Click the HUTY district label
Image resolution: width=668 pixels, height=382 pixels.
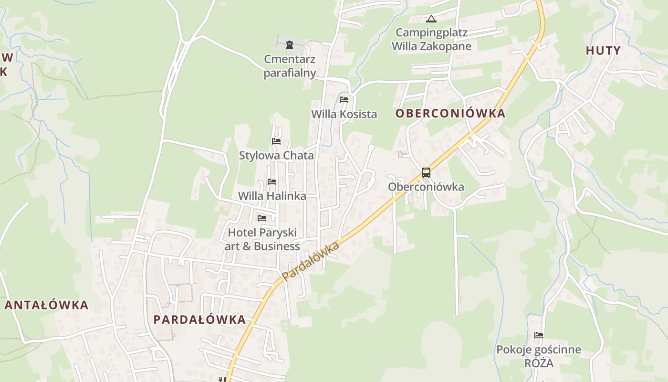[x=603, y=51]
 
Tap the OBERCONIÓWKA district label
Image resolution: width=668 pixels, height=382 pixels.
[x=450, y=114]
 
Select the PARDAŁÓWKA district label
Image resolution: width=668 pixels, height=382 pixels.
[x=199, y=319]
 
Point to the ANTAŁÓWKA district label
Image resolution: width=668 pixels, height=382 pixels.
[x=47, y=305]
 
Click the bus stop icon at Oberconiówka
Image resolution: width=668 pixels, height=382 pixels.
[x=426, y=173]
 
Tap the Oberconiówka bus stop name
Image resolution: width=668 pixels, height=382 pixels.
[x=426, y=187]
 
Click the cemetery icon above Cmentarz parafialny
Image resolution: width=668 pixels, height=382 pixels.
[x=290, y=45]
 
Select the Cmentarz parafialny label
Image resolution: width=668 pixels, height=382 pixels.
[x=290, y=66]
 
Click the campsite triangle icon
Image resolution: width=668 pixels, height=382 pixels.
[x=431, y=19]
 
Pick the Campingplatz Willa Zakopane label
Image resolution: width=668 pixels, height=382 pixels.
[x=431, y=40]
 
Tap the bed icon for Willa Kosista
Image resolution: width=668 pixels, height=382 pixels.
[x=344, y=100]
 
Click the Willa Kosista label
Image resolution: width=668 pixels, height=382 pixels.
[x=344, y=114]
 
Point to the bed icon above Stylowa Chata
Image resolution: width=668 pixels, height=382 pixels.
[x=276, y=141]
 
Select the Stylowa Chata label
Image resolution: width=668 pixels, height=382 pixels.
[x=276, y=156]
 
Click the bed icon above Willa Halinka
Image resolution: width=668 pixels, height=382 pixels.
[x=272, y=182]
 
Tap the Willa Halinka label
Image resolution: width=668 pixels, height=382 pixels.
[x=272, y=196]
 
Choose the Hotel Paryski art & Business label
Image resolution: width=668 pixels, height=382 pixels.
[x=262, y=239]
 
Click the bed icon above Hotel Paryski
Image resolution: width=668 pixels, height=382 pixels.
[x=262, y=218]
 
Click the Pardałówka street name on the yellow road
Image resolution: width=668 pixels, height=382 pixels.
[x=310, y=261]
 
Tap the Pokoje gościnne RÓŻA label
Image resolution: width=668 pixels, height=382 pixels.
[x=539, y=356]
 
